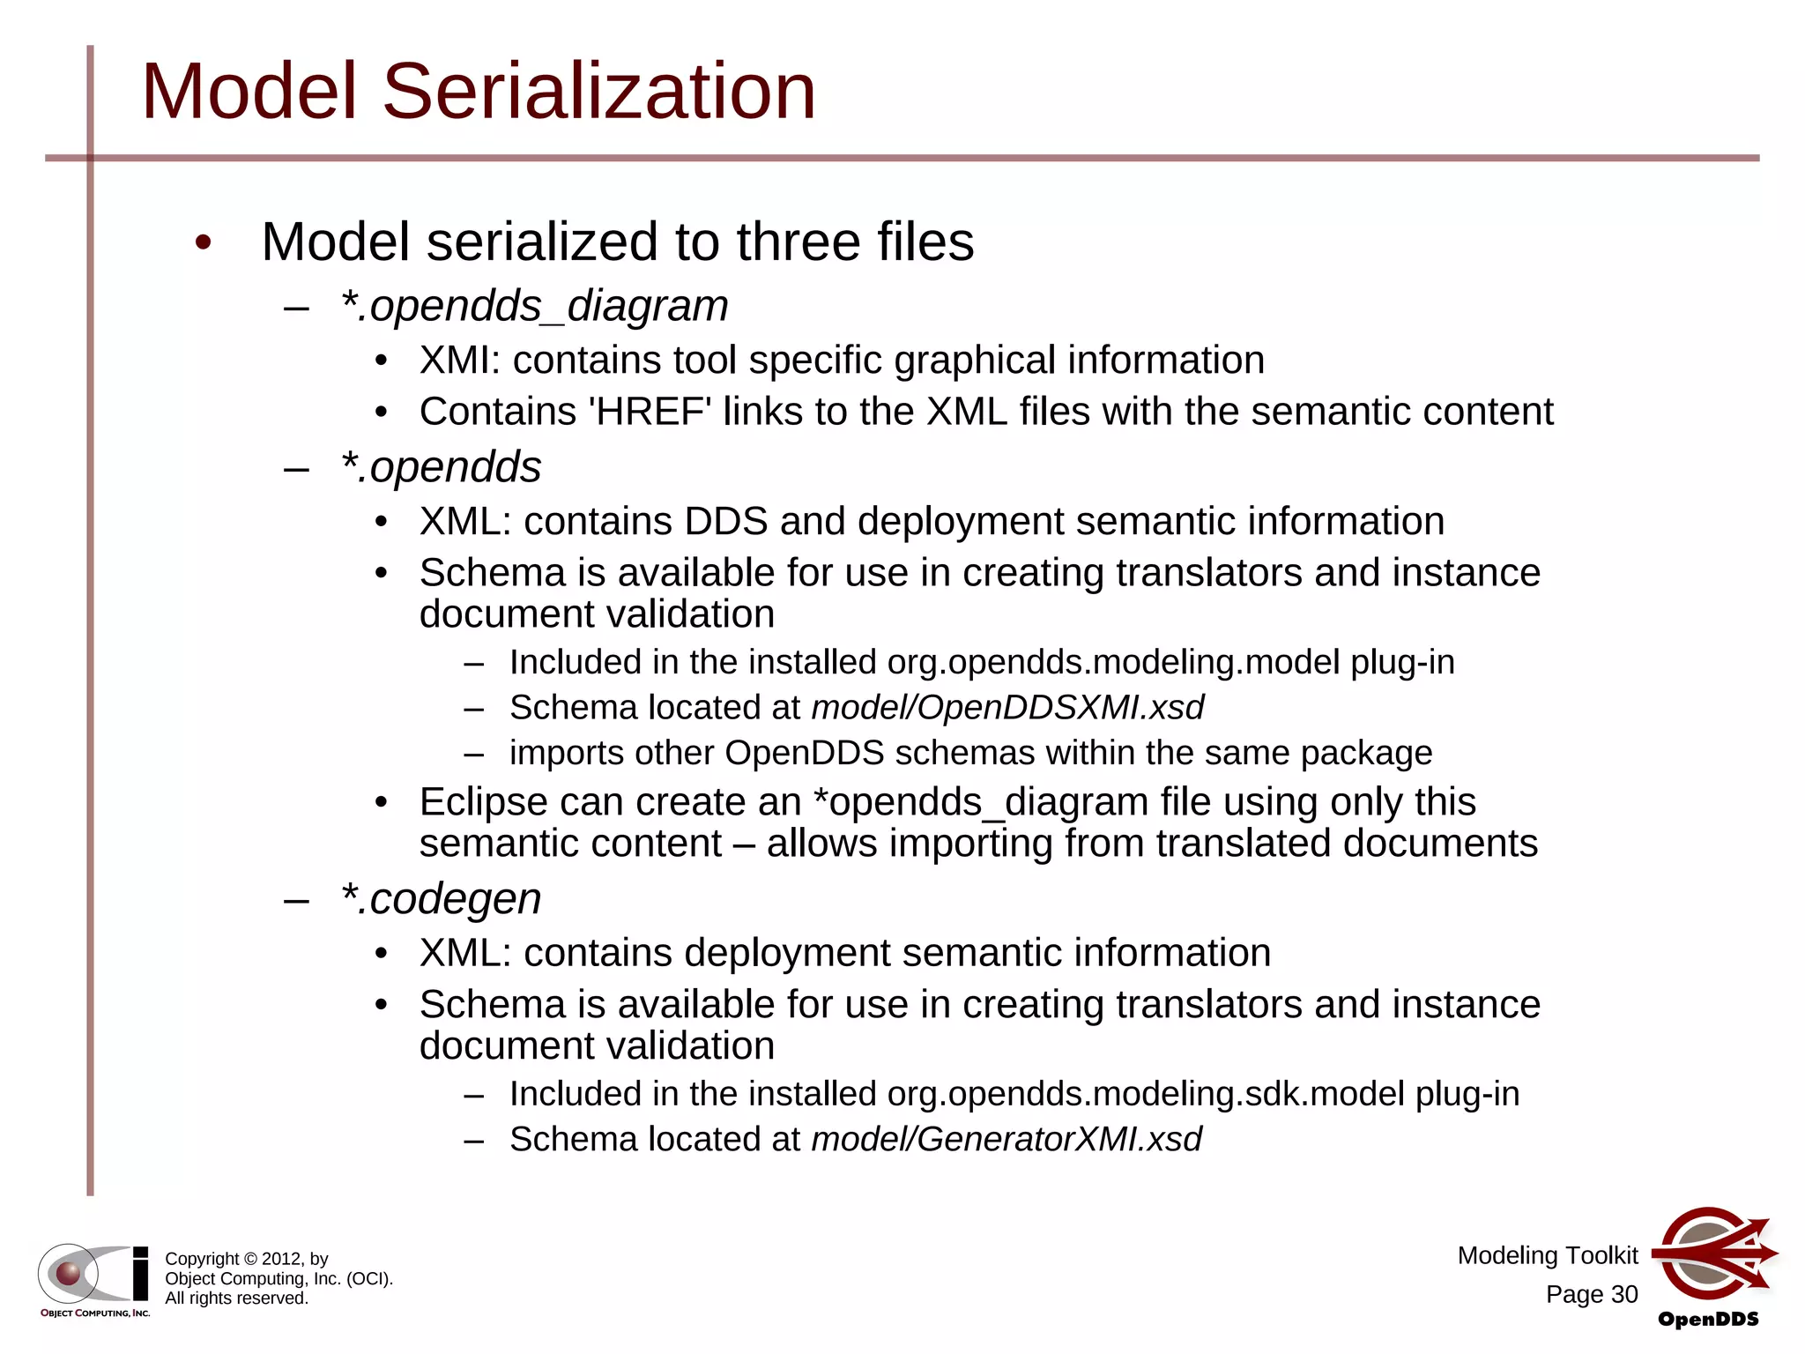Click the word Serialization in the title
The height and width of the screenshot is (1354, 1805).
click(598, 91)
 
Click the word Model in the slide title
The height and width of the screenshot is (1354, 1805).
click(250, 91)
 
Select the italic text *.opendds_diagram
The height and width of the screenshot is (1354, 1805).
click(535, 306)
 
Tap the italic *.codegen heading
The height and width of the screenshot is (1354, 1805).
click(441, 899)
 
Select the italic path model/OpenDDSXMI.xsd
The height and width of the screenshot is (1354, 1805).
click(1006, 708)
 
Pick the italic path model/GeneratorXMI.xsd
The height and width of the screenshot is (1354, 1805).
click(1006, 1139)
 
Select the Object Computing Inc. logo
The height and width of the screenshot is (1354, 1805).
click(94, 1279)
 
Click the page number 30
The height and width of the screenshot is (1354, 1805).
click(1623, 1294)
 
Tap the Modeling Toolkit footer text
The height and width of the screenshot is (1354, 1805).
click(1547, 1255)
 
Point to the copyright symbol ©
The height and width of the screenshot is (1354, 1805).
click(249, 1259)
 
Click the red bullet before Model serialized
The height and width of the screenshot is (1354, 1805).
click(204, 242)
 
